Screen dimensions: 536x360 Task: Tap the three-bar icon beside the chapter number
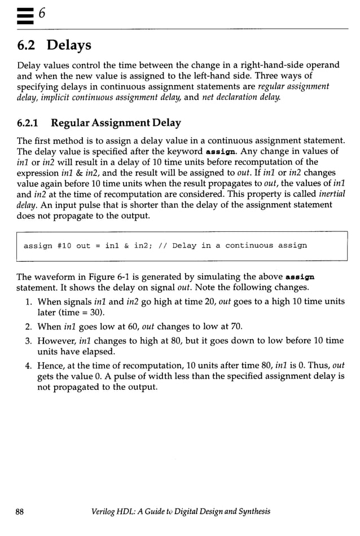click(25, 14)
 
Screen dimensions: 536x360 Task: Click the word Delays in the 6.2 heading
click(69, 44)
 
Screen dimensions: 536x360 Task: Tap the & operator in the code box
click(126, 245)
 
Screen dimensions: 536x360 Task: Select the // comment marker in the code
click(161, 245)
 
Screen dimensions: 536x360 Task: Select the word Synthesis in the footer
click(253, 512)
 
